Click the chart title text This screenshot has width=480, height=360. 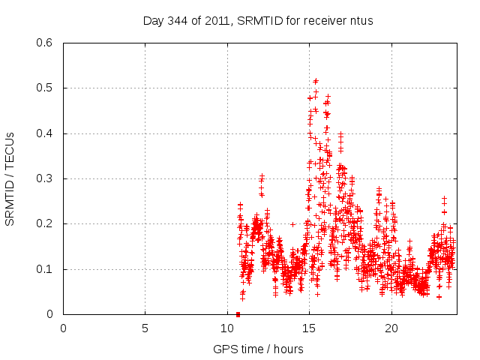pos(258,20)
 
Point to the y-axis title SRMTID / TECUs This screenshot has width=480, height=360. pos(10,178)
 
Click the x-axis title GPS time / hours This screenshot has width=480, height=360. pos(258,349)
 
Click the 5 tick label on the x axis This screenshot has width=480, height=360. pos(145,328)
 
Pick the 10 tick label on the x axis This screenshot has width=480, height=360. pos(227,328)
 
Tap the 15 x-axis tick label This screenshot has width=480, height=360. pos(309,328)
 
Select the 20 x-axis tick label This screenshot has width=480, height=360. pos(391,328)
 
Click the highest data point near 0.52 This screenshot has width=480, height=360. pos(316,81)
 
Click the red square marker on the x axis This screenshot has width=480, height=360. pos(238,313)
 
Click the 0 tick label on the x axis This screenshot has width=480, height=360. pos(63,328)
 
